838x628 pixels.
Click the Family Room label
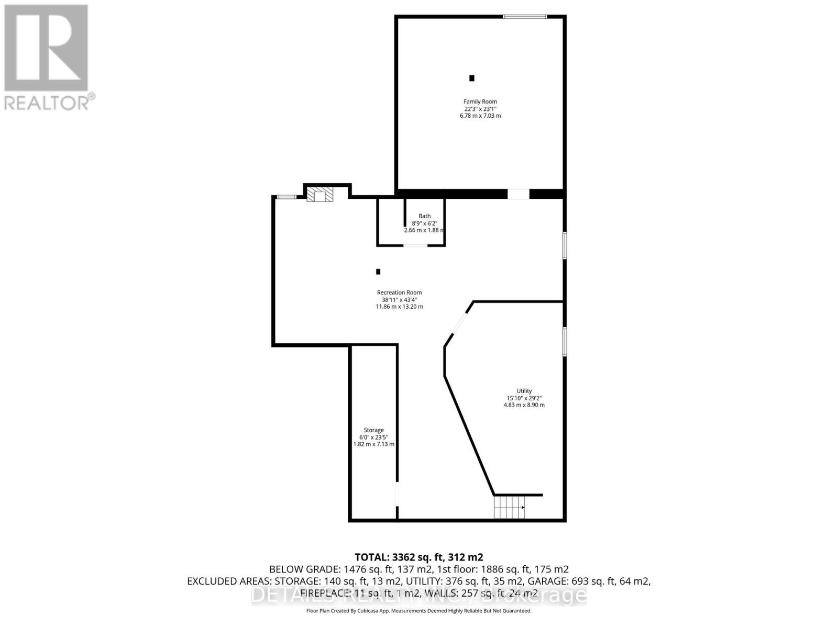pyautogui.click(x=480, y=102)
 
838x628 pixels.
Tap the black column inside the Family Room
pyautogui.click(x=471, y=78)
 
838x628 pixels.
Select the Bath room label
pyautogui.click(x=424, y=216)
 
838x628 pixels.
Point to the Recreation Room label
pyautogui.click(x=399, y=293)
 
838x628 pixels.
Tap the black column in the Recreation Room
pyautogui.click(x=378, y=272)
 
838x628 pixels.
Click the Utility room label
pyautogui.click(x=524, y=391)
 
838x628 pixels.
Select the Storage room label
pyautogui.click(x=373, y=430)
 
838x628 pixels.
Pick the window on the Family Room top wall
pyautogui.click(x=525, y=17)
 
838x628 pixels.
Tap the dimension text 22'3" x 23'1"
pyautogui.click(x=480, y=109)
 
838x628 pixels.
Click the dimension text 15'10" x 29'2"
pyautogui.click(x=524, y=398)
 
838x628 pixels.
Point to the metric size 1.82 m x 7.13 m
pyautogui.click(x=373, y=444)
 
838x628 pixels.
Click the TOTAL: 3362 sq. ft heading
pyautogui.click(x=418, y=557)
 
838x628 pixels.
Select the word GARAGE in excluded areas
pyautogui.click(x=546, y=581)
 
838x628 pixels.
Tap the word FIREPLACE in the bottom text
pyautogui.click(x=325, y=593)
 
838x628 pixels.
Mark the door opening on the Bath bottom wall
pyautogui.click(x=415, y=245)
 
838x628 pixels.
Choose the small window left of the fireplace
pyautogui.click(x=286, y=197)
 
